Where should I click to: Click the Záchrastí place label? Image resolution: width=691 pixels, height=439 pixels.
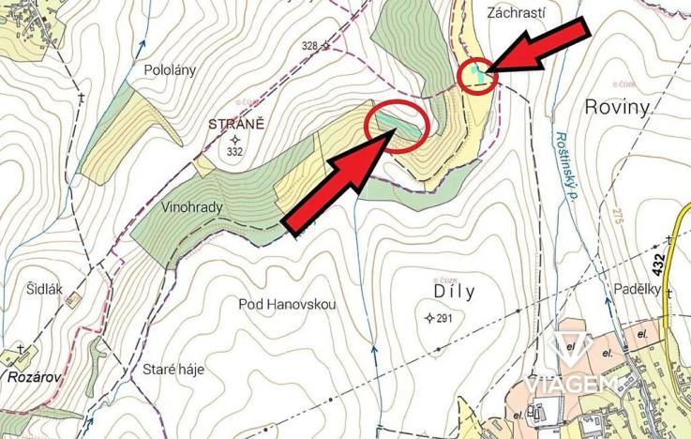[x=517, y=13]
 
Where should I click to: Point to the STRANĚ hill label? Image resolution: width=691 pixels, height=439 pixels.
[x=236, y=123]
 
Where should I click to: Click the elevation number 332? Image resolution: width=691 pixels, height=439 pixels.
[x=234, y=151]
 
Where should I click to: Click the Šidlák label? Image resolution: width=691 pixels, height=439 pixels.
[x=44, y=290]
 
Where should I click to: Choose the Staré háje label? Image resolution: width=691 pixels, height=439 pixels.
[x=173, y=369]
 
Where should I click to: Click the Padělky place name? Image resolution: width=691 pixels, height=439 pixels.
[x=638, y=288]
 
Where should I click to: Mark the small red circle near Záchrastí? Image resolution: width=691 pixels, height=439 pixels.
[x=477, y=73]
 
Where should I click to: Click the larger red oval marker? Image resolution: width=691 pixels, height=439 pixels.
[x=397, y=127]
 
